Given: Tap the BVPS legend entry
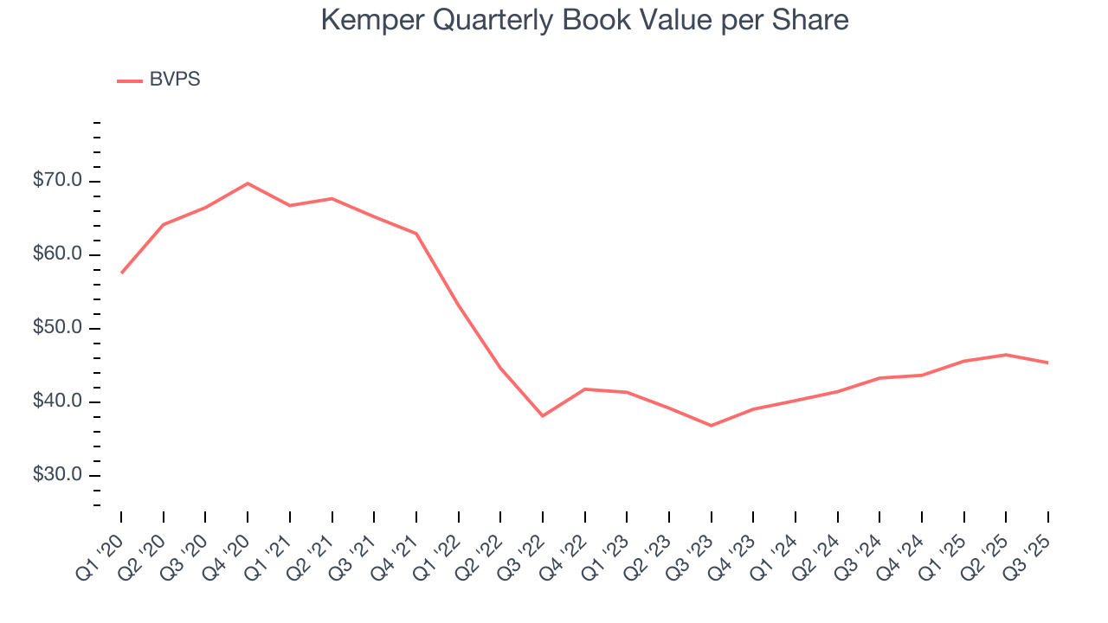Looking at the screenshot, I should [174, 80].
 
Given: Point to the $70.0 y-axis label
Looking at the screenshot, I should [58, 181].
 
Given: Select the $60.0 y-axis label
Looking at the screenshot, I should [58, 254].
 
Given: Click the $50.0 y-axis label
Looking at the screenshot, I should [58, 328].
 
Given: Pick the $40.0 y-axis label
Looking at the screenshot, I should [58, 401].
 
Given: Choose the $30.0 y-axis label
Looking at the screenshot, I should [58, 475].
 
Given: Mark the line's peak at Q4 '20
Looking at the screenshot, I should [248, 183].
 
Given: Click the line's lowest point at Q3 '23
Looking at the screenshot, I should [712, 426].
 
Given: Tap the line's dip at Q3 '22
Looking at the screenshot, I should [543, 416].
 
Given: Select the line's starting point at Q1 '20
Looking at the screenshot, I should [121, 273].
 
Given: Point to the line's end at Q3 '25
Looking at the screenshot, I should [1048, 363].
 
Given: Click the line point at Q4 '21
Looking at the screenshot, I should [416, 234].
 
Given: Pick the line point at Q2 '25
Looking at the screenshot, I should [1006, 355].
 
